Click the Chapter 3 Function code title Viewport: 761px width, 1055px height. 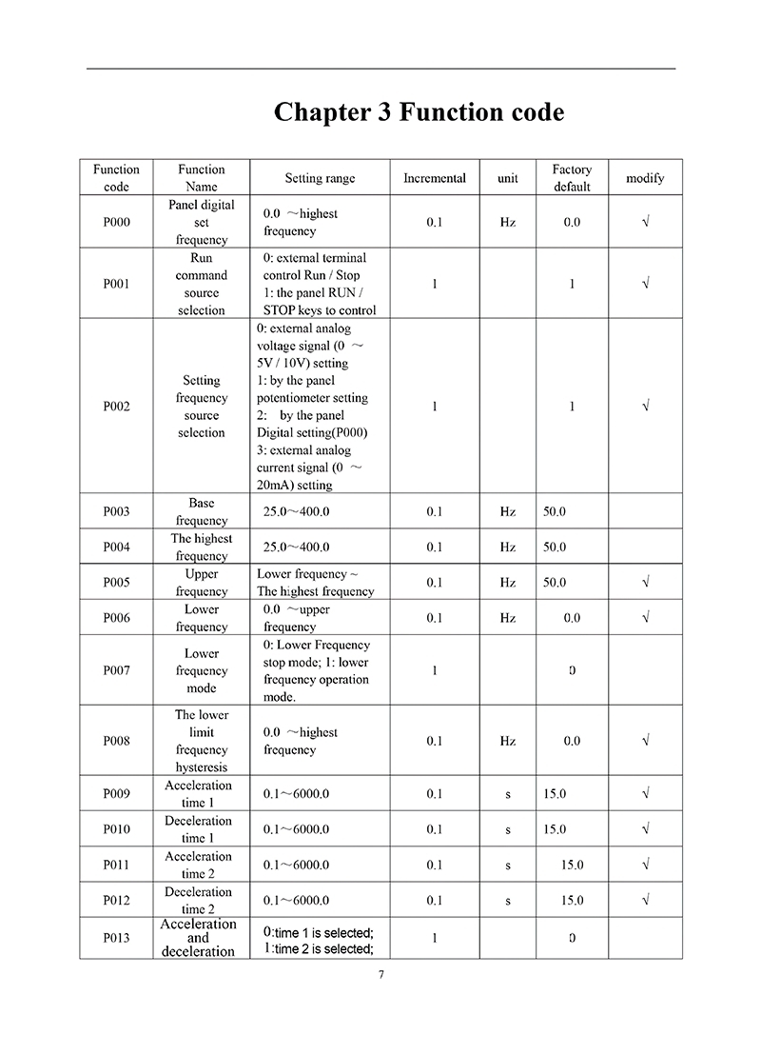click(x=419, y=112)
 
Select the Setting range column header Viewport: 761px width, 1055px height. click(x=320, y=178)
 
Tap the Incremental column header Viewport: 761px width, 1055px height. click(x=435, y=178)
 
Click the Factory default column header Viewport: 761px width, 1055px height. click(x=572, y=178)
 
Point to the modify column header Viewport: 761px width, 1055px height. click(x=645, y=178)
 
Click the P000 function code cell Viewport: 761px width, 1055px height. click(x=116, y=222)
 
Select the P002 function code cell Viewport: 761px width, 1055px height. click(x=116, y=407)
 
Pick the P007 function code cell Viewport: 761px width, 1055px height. click(x=116, y=670)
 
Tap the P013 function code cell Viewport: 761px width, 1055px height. click(x=116, y=938)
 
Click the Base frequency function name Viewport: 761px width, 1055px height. click(x=201, y=511)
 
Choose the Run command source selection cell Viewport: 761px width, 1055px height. click(x=201, y=284)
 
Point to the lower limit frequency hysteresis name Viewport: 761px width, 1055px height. click(x=201, y=741)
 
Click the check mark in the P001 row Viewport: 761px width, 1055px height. click(x=646, y=284)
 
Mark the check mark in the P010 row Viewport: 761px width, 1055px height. click(x=646, y=829)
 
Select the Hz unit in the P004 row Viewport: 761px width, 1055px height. click(x=508, y=547)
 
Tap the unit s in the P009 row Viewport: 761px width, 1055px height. click(x=508, y=794)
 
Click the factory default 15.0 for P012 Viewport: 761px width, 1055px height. click(x=572, y=900)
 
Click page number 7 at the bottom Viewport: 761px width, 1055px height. click(x=380, y=974)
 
